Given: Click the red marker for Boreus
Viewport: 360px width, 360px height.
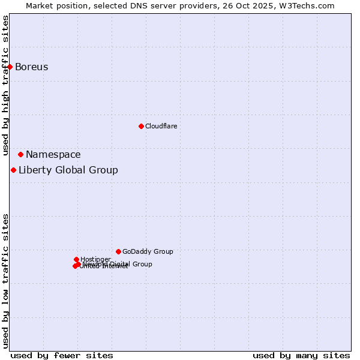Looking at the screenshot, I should click(10, 67).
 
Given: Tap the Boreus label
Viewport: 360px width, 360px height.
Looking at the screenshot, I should click(32, 67).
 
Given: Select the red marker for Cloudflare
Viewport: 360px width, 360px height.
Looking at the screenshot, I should click(141, 126).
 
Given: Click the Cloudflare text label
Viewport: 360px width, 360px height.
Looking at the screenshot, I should click(161, 126).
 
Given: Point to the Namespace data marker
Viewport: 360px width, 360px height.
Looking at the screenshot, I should click(20, 154).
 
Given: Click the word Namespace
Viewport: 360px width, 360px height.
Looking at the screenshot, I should click(53, 154).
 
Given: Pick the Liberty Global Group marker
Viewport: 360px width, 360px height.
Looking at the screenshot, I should click(13, 170).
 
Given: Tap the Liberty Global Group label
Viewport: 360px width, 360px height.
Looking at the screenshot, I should click(68, 170).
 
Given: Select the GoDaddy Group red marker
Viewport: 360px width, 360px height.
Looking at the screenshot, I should click(118, 251).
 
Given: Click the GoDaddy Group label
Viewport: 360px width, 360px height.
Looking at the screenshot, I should click(148, 251).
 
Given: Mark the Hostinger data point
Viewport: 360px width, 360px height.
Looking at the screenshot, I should click(76, 259).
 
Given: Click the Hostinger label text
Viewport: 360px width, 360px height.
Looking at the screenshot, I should click(95, 259).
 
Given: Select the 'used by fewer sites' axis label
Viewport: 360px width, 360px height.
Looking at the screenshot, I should click(62, 355).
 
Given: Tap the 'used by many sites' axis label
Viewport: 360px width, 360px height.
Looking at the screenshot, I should click(301, 355).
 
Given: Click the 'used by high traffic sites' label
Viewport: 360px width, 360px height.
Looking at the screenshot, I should click(5, 85).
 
